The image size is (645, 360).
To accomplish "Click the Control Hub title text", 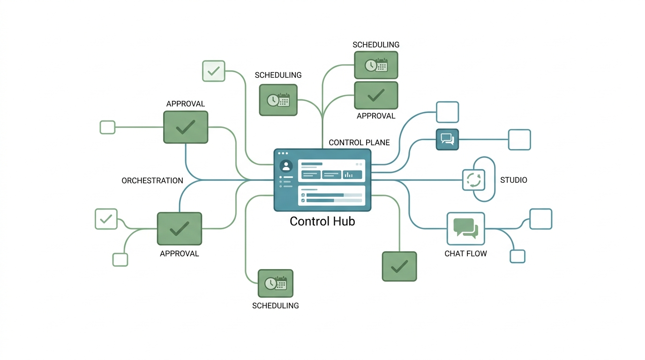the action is [x=322, y=221].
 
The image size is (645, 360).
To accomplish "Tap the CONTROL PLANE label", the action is [x=359, y=142].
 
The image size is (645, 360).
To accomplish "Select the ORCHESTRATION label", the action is [x=152, y=180].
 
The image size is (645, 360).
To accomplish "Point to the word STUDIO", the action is [x=513, y=180].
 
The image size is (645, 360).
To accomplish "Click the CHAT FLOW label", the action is [x=465, y=254].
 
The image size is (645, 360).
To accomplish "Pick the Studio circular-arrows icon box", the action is [x=473, y=180].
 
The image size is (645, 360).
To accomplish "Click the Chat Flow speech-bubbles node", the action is [x=465, y=229].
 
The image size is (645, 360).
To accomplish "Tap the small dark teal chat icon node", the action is [x=447, y=139].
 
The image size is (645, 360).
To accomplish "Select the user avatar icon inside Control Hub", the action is [x=286, y=166].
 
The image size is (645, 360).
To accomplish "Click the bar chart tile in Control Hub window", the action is [x=352, y=174].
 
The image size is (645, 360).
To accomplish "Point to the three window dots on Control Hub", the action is [x=283, y=153].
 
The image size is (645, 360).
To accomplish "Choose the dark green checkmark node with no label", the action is [x=399, y=266].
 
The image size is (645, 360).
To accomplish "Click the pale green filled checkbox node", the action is [x=214, y=71].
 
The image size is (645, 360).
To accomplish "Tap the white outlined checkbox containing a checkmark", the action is [x=106, y=219].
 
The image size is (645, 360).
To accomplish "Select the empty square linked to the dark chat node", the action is [x=519, y=140].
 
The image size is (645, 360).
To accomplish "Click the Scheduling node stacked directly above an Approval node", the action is [x=376, y=65].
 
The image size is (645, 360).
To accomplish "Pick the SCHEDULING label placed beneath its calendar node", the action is [x=276, y=306].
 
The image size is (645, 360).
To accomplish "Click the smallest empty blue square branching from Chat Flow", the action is [x=517, y=256].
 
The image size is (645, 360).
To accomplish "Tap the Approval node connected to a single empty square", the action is [x=186, y=127].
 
